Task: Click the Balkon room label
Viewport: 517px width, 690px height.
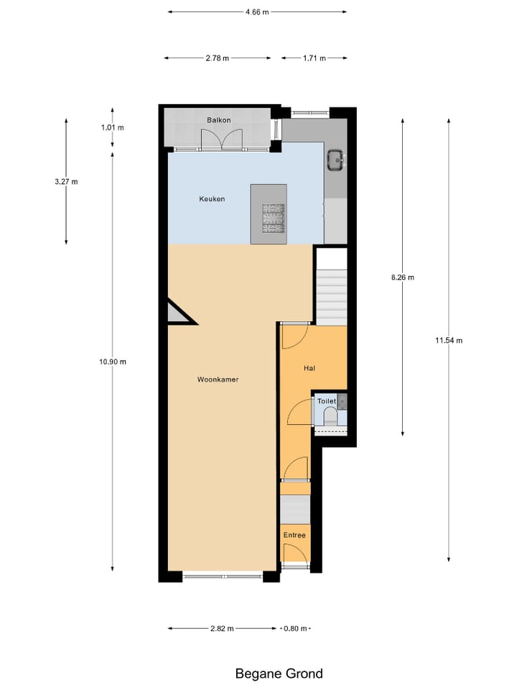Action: click(x=219, y=120)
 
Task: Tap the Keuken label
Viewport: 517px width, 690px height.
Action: click(x=212, y=199)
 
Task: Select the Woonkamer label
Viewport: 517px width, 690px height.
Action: click(x=218, y=379)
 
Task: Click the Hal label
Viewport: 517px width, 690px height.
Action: click(x=309, y=368)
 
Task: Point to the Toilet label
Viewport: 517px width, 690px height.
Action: click(x=327, y=401)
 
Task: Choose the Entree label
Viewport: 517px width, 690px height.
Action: click(x=294, y=535)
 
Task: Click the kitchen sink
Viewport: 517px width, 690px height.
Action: click(x=335, y=160)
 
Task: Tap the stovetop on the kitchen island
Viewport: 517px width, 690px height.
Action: click(x=273, y=218)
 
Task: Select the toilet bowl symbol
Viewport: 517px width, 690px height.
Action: click(x=331, y=416)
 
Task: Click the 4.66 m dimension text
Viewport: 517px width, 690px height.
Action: click(x=256, y=12)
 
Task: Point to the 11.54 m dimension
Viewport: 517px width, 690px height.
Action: click(x=449, y=340)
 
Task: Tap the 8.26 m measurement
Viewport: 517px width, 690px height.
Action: click(x=402, y=277)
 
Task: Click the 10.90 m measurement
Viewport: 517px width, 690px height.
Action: click(x=113, y=362)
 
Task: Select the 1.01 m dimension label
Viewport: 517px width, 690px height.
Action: click(x=112, y=128)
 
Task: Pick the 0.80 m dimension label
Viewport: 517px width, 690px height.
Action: click(x=296, y=629)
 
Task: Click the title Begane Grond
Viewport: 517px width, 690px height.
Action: click(x=279, y=673)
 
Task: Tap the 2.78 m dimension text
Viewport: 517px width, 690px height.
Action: click(x=216, y=58)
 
